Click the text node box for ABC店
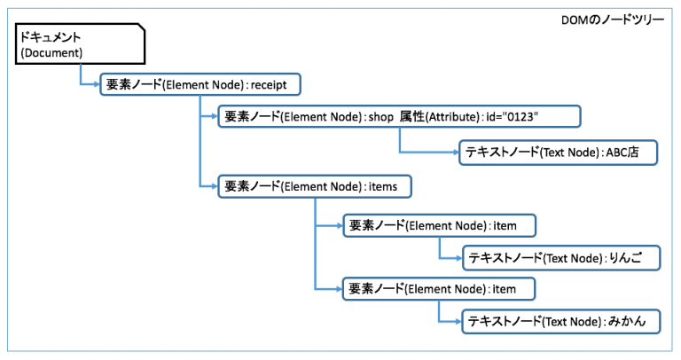pyautogui.click(x=559, y=152)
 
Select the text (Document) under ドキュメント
pyautogui.click(x=51, y=54)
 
